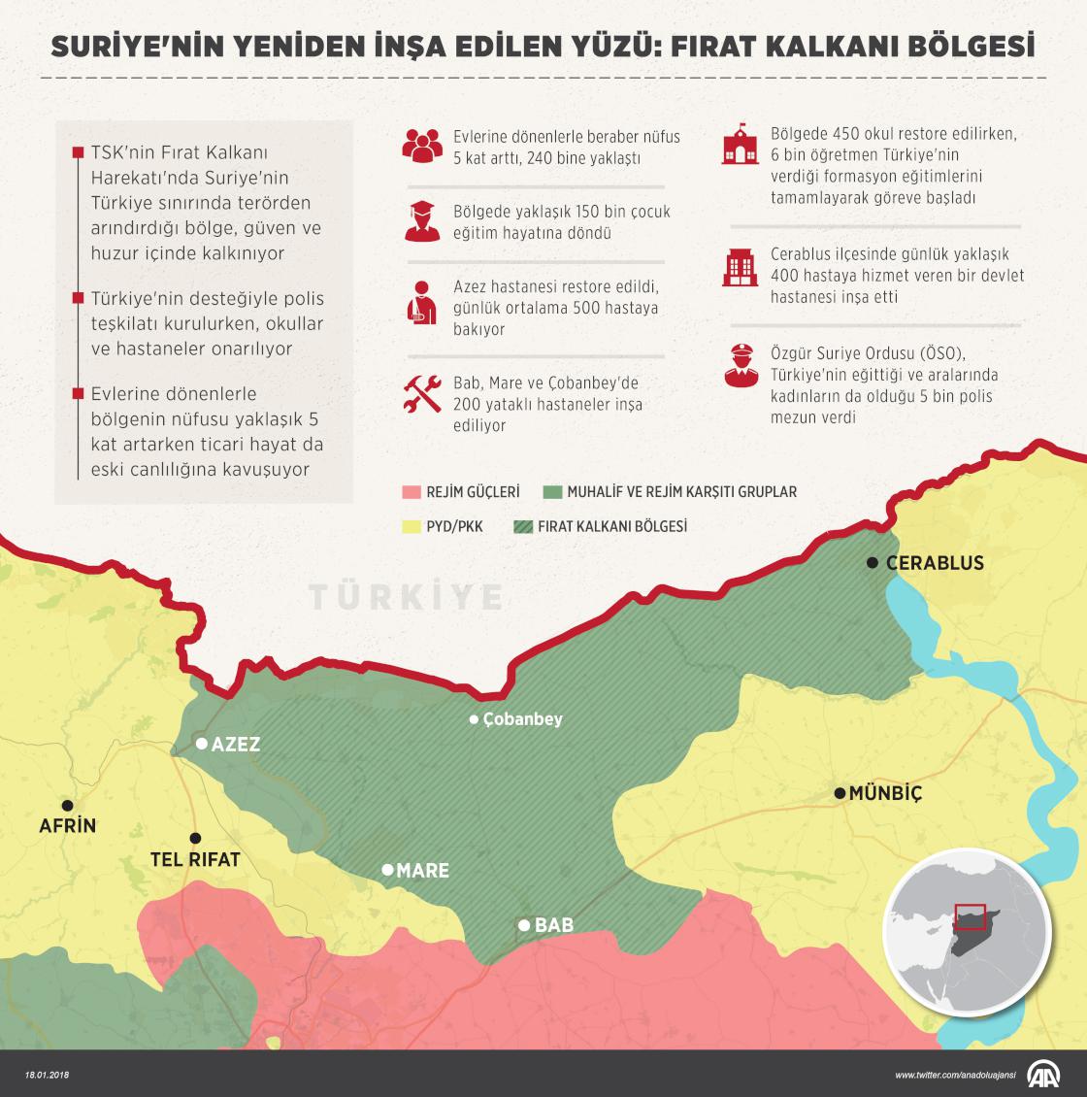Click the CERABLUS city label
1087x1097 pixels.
click(x=935, y=563)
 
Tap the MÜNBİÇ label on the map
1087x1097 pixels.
click(x=885, y=794)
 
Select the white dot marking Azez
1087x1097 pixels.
click(x=202, y=744)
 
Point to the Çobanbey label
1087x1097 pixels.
click(x=522, y=719)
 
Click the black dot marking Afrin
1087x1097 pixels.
click(x=68, y=805)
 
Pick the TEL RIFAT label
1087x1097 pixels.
click(x=195, y=859)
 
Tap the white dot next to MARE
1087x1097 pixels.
click(x=387, y=870)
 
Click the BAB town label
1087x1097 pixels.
click(x=554, y=925)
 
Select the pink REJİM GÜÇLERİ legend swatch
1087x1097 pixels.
click(x=411, y=492)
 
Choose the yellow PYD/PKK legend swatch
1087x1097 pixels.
click(x=411, y=526)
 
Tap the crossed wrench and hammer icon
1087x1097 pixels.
click(x=422, y=393)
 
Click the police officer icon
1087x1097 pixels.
click(x=741, y=364)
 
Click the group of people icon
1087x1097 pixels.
click(x=422, y=146)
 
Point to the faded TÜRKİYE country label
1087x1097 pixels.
click(x=406, y=597)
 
